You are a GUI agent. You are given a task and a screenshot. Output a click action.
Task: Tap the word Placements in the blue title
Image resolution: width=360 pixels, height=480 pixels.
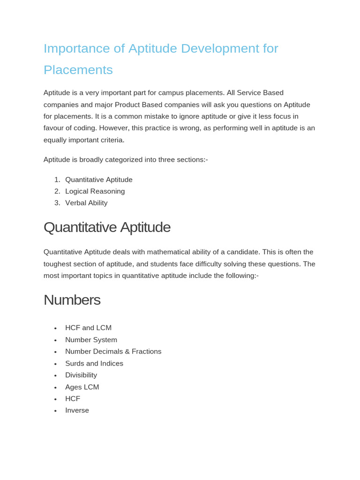click(78, 70)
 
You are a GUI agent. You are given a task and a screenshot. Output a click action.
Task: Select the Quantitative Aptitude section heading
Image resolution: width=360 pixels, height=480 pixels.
click(107, 227)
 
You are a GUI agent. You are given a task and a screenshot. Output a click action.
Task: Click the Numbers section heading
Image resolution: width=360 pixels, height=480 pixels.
click(72, 300)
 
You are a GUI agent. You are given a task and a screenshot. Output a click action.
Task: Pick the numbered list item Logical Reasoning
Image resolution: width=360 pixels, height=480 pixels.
click(95, 191)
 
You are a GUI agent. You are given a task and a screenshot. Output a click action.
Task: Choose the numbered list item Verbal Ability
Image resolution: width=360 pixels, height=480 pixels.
click(86, 203)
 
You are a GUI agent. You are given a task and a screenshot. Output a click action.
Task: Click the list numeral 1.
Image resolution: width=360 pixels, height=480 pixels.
click(56, 180)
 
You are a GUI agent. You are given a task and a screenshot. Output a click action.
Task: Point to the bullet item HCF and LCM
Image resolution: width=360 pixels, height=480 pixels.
click(89, 328)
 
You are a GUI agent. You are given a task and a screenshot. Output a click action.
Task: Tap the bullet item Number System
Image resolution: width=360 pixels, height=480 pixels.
click(91, 340)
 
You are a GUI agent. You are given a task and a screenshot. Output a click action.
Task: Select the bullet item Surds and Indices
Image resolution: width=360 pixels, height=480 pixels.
click(94, 363)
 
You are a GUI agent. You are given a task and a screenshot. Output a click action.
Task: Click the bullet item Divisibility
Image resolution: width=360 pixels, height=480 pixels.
click(81, 375)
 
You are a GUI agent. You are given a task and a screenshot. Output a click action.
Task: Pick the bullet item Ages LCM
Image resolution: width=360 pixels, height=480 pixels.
click(82, 387)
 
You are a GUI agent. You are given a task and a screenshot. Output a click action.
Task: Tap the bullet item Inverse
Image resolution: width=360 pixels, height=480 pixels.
click(77, 411)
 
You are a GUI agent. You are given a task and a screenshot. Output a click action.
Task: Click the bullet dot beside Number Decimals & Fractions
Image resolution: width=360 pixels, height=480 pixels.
click(55, 352)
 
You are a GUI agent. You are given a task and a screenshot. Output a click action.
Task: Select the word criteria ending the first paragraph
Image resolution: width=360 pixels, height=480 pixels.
click(110, 140)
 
